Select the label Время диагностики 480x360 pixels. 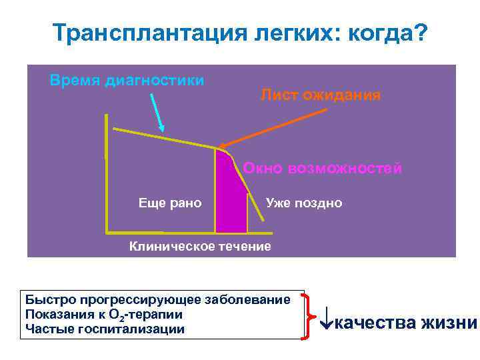(127, 81)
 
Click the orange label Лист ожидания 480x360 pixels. (321, 95)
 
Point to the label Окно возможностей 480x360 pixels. (323, 168)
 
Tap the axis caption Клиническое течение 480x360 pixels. (200, 247)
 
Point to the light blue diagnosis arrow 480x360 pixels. (157, 112)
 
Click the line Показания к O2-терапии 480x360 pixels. (103, 314)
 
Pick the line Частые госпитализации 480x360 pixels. (105, 329)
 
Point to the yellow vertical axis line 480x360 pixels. (106, 173)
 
